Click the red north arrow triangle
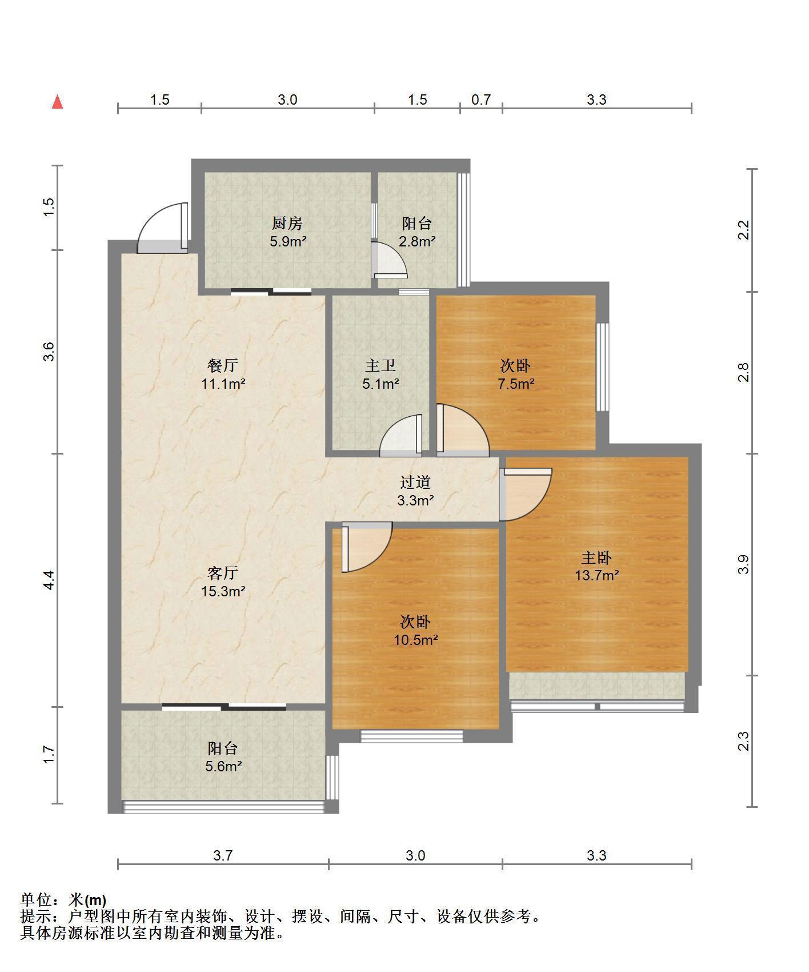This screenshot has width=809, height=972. [x=57, y=102]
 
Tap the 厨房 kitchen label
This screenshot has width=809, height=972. [x=287, y=223]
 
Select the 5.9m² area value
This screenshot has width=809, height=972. [x=288, y=241]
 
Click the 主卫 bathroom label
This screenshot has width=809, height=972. [x=381, y=365]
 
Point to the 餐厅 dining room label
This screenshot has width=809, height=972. [x=223, y=365]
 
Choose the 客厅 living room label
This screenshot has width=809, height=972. [x=223, y=573]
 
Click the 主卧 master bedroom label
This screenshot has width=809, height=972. [x=597, y=557]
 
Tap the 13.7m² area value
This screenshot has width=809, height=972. [x=597, y=575]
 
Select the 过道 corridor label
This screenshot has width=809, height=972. [x=415, y=483]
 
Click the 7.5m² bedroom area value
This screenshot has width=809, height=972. [x=516, y=384]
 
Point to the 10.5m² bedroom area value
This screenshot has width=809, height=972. [x=415, y=640]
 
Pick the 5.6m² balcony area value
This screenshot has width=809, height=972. [x=223, y=766]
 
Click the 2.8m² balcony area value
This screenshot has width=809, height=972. [x=417, y=241]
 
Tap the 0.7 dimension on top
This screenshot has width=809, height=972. [x=481, y=99]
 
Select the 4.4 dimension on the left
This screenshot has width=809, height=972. [x=49, y=580]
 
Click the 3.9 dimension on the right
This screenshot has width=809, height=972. [x=743, y=565]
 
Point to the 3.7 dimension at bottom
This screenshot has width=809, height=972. [x=223, y=855]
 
